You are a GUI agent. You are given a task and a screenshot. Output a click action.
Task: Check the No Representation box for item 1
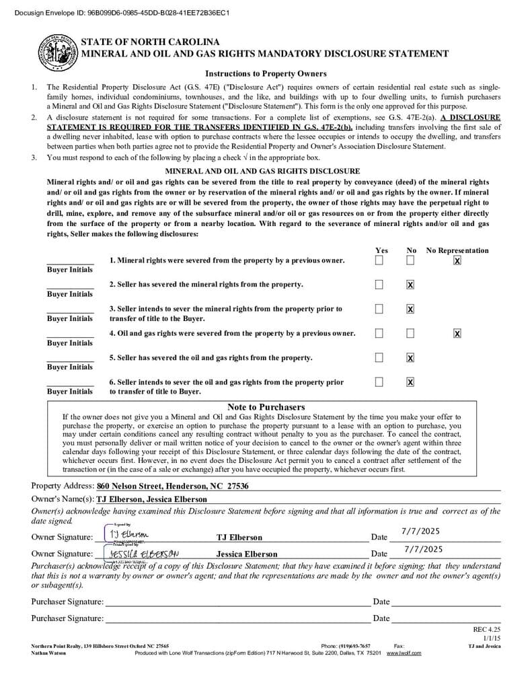pos(457,260)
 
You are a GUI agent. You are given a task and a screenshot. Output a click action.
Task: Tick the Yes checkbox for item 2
pos(379,285)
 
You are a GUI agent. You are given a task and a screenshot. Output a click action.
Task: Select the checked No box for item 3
pos(410,309)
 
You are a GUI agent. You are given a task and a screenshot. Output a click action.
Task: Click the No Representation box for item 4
pos(457,333)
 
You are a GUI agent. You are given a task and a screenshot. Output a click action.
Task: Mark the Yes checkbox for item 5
pos(379,357)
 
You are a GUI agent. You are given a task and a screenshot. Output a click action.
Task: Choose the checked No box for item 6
pos(410,382)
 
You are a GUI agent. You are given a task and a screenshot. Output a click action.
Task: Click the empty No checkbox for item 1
pos(410,260)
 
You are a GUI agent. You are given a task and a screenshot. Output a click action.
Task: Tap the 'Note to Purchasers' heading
pos(266,407)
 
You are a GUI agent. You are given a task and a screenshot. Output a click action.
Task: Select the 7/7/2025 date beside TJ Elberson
pos(420,531)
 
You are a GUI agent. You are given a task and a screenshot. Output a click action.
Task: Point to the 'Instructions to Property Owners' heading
pos(266,74)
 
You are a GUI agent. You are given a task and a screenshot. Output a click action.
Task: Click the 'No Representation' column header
pos(457,250)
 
